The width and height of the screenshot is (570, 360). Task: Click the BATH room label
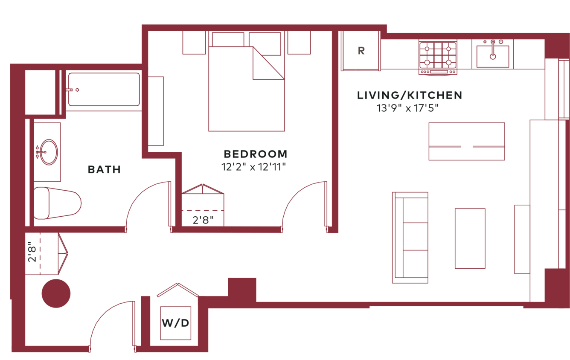[104, 170]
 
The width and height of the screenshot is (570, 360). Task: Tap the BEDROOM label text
[255, 154]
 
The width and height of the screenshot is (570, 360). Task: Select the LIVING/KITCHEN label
[409, 96]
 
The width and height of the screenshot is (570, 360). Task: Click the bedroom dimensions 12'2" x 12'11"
[253, 167]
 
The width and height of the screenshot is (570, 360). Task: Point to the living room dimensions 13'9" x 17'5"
[407, 108]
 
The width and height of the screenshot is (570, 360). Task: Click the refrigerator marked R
[361, 51]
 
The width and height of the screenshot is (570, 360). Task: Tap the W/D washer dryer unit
[176, 323]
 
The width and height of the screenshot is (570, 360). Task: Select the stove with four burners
[438, 57]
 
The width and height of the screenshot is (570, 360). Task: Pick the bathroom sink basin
[48, 152]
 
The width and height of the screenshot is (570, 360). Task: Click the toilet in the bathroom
[58, 203]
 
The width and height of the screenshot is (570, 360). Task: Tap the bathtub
[104, 90]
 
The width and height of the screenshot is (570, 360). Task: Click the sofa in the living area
[410, 237]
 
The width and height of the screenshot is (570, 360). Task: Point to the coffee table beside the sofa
[470, 238]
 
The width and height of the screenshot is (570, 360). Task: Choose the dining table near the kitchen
[466, 141]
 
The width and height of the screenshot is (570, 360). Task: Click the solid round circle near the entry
[56, 293]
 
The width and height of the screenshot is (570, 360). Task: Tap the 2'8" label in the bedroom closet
[203, 220]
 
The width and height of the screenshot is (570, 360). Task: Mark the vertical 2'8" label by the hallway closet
[32, 252]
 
